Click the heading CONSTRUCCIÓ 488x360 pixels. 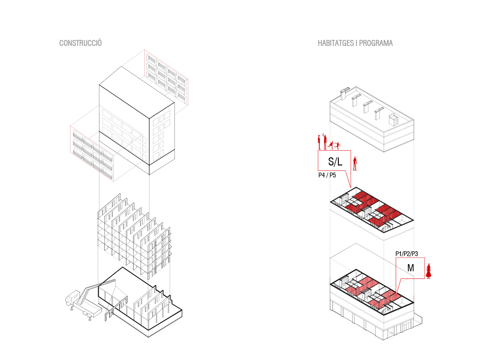pyautogui.click(x=81, y=43)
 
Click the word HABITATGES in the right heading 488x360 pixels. pyautogui.click(x=335, y=43)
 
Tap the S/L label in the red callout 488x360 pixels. pyautogui.click(x=335, y=162)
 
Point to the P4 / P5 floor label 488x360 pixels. pyautogui.click(x=327, y=175)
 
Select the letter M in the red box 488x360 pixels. pyautogui.click(x=410, y=268)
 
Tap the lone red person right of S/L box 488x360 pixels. pyautogui.click(x=355, y=164)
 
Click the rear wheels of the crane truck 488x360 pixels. pyautogui.click(x=87, y=315)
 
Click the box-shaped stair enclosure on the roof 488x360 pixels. pyautogui.click(x=393, y=119)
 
